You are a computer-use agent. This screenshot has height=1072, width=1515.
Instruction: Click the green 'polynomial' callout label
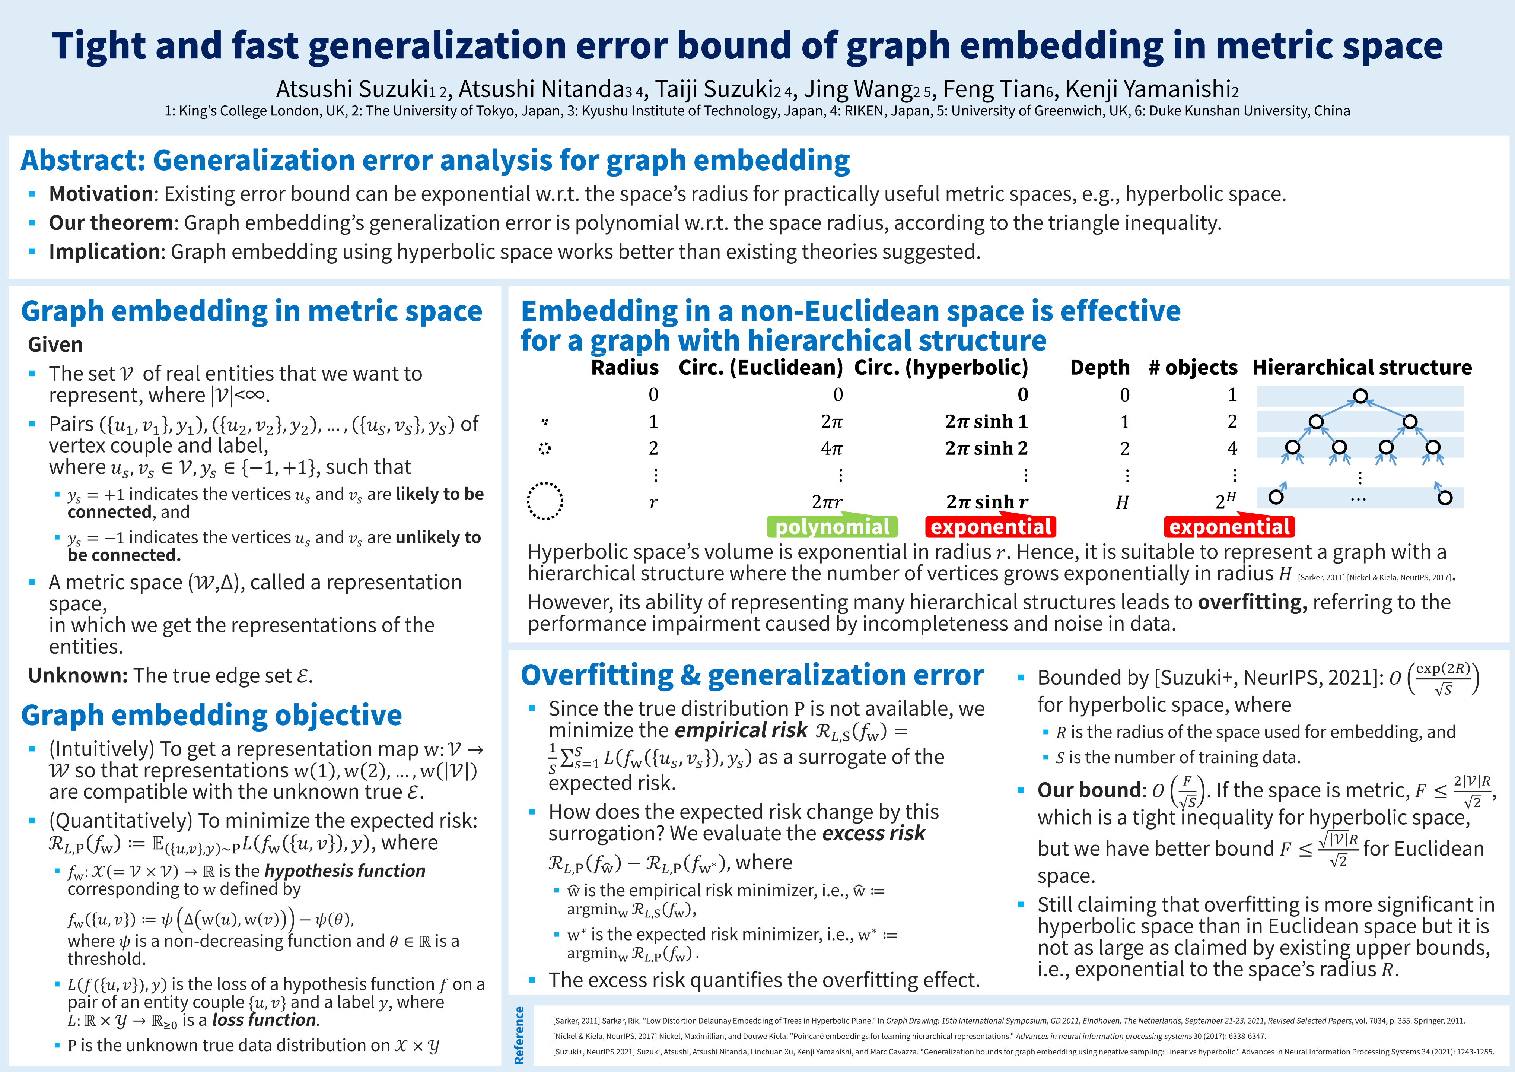coord(832,527)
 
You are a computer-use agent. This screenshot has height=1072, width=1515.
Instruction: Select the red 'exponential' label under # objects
coord(1229,527)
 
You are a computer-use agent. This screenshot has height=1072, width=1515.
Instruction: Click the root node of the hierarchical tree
coord(1360,396)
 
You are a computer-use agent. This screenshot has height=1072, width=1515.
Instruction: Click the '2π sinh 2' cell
coord(986,448)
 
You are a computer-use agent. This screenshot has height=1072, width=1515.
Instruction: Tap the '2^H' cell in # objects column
coord(1225,502)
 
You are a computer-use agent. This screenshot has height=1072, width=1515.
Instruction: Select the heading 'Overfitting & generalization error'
coord(752,675)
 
